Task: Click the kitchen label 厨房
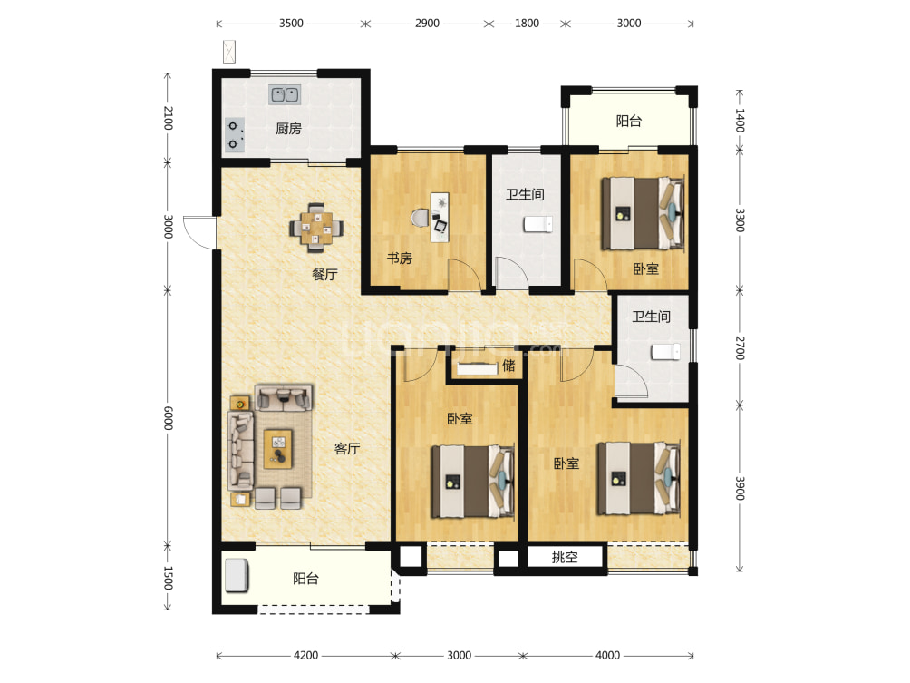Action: click(x=288, y=129)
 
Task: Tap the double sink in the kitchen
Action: click(x=285, y=94)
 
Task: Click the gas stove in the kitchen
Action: click(x=234, y=135)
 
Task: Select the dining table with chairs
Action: click(x=315, y=228)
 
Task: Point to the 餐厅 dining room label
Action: click(x=324, y=274)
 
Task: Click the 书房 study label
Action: click(x=400, y=258)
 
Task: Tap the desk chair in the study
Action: click(x=420, y=218)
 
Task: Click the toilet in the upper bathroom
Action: click(x=538, y=224)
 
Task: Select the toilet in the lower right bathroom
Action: click(x=665, y=351)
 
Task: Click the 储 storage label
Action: click(x=508, y=366)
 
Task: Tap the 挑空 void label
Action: click(x=565, y=557)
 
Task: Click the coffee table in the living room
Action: click(x=278, y=448)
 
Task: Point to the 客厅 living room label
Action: click(x=347, y=448)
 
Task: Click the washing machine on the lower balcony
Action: click(x=237, y=576)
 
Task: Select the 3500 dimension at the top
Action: click(x=291, y=24)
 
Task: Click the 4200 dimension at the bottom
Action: click(x=305, y=655)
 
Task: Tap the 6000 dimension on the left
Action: click(x=168, y=418)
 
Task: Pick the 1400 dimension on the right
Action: click(x=740, y=121)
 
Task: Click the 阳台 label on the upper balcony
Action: click(x=629, y=121)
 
